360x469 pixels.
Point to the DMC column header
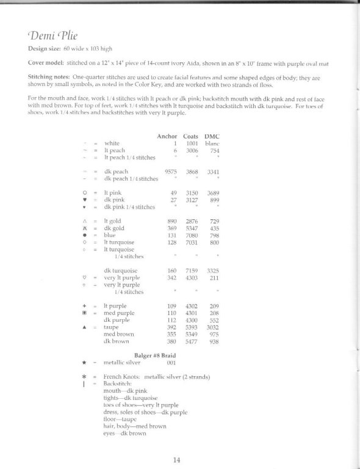pyautogui.click(x=212, y=136)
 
